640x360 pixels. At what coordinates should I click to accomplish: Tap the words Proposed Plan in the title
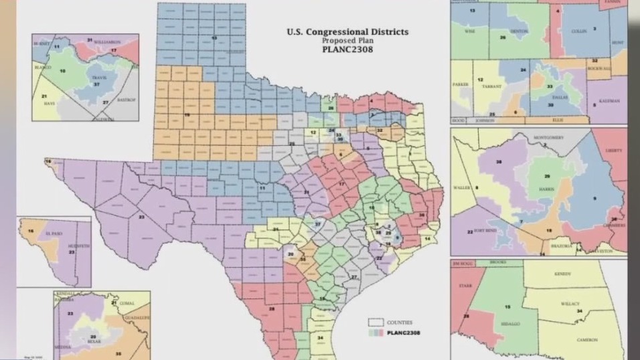pos(347,40)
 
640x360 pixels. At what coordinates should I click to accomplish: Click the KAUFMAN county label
pos(609,100)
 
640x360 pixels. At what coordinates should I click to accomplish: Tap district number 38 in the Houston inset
pos(499,163)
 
